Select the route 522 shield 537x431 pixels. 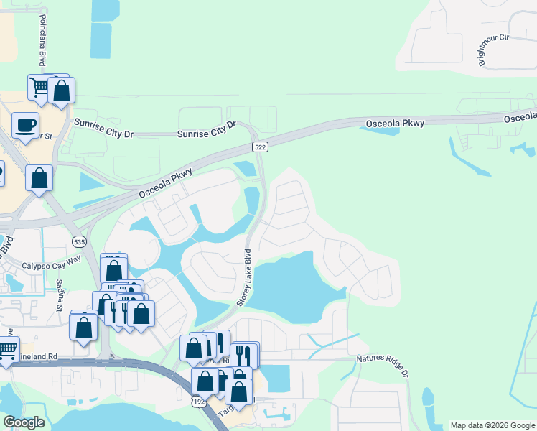coord(261,147)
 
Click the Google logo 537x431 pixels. coord(24,422)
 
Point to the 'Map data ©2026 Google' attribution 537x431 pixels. coord(492,425)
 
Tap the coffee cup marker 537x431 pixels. coord(26,126)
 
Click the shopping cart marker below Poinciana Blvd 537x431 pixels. coord(40,87)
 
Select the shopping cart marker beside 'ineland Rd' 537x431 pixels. coord(6,351)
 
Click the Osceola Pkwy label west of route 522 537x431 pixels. coord(166,180)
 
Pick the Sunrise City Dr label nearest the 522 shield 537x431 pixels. coord(207,129)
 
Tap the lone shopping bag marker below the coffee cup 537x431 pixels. coord(39,177)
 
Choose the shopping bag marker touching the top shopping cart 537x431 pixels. coord(62,91)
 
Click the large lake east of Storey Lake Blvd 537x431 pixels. coord(294,287)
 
